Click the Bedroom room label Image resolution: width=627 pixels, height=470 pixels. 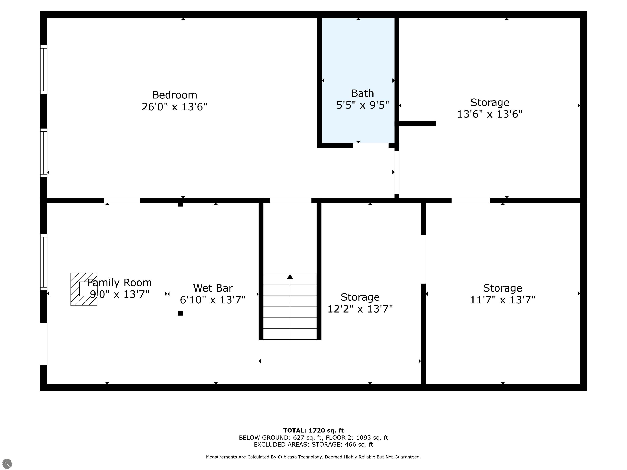(174, 95)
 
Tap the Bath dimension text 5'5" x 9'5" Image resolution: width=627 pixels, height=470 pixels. (362, 105)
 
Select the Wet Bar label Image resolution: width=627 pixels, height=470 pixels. (213, 288)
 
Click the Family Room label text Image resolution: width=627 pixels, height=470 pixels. (119, 283)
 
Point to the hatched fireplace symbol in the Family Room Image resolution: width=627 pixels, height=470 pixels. (84, 289)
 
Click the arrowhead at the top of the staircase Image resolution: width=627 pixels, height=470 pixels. (290, 276)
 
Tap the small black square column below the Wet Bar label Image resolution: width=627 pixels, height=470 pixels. (180, 313)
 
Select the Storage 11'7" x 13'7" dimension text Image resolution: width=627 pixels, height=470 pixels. (502, 300)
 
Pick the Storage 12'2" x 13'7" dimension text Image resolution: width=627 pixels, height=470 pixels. (360, 309)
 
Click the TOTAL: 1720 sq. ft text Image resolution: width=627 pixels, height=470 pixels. (313, 431)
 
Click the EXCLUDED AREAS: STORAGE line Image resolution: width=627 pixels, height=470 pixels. (313, 444)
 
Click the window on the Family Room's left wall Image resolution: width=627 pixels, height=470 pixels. (44, 262)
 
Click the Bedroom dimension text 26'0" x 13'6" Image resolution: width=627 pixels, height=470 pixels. (174, 107)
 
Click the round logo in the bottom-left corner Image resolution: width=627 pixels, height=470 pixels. (7, 463)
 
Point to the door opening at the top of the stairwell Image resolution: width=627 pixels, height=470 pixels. (291, 201)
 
